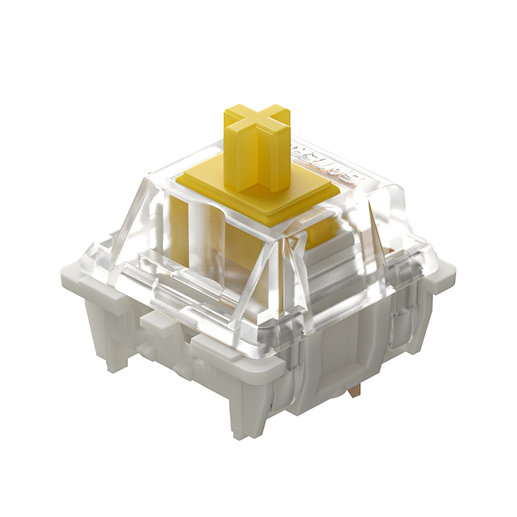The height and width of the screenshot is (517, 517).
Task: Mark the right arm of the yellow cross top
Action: click(x=281, y=111)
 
